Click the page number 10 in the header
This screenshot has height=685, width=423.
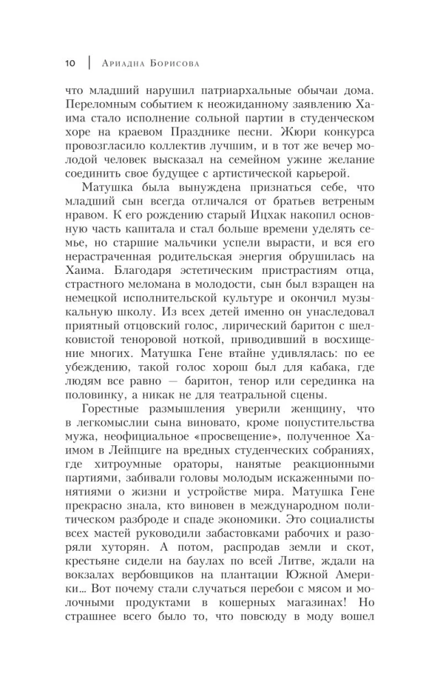pyautogui.click(x=70, y=63)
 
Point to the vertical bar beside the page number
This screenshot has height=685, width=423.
pyautogui.click(x=88, y=63)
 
